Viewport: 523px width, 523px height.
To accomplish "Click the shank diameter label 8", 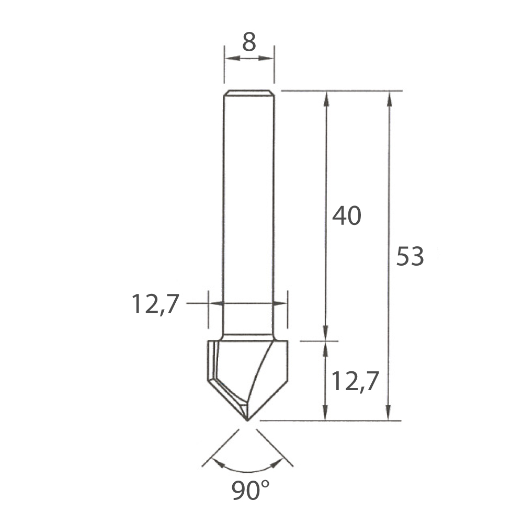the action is pyautogui.click(x=249, y=42).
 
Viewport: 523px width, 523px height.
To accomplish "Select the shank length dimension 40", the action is pyautogui.click(x=347, y=215).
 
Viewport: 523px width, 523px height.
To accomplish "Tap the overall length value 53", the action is pyautogui.click(x=410, y=256).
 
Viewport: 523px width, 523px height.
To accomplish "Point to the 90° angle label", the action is pyautogui.click(x=250, y=491).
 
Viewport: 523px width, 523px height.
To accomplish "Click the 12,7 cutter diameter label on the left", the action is pyautogui.click(x=155, y=304).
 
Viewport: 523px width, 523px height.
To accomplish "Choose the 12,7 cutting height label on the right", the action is pyautogui.click(x=355, y=381).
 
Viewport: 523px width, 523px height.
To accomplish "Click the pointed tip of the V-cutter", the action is pyautogui.click(x=247, y=420).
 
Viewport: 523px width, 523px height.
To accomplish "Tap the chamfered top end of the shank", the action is pyautogui.click(x=249, y=93).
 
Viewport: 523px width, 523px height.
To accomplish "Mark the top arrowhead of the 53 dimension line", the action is pyautogui.click(x=389, y=99).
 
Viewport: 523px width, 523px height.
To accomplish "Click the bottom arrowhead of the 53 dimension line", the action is pyautogui.click(x=388, y=413).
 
